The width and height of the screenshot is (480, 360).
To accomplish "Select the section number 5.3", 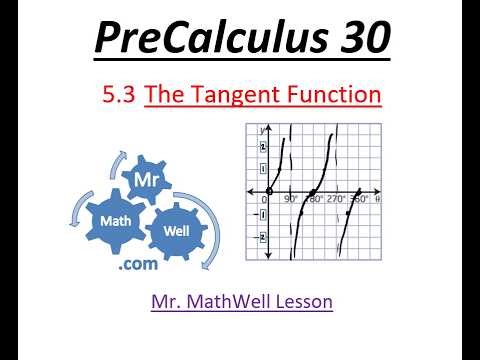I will click(x=120, y=96).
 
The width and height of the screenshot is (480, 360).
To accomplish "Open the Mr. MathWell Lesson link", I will click(x=241, y=300).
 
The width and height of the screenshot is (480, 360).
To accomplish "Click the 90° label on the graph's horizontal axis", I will click(x=291, y=200).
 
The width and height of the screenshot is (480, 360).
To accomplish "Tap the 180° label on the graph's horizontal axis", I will click(x=313, y=200).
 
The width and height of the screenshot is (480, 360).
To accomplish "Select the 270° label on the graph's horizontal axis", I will click(x=337, y=200).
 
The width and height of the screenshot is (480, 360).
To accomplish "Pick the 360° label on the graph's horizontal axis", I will click(x=360, y=200).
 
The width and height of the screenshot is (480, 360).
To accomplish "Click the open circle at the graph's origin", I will click(x=269, y=191).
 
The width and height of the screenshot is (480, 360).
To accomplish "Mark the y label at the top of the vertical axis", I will click(x=261, y=131).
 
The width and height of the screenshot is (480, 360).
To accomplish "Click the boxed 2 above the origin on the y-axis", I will click(x=263, y=146).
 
